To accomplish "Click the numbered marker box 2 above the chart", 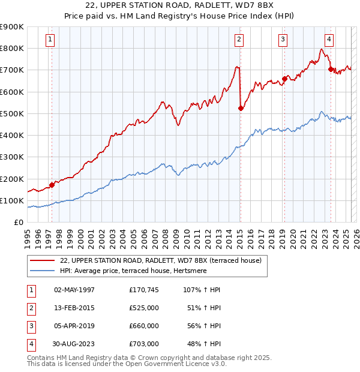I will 239,40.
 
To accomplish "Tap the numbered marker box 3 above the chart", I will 283,40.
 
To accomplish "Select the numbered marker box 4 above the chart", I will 329,40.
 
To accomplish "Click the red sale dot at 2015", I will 241,108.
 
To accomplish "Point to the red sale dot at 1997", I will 52,185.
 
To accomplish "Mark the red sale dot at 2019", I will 284,79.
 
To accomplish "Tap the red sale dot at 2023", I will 331,69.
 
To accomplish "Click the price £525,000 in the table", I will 144,308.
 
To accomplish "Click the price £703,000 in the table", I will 144,344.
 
